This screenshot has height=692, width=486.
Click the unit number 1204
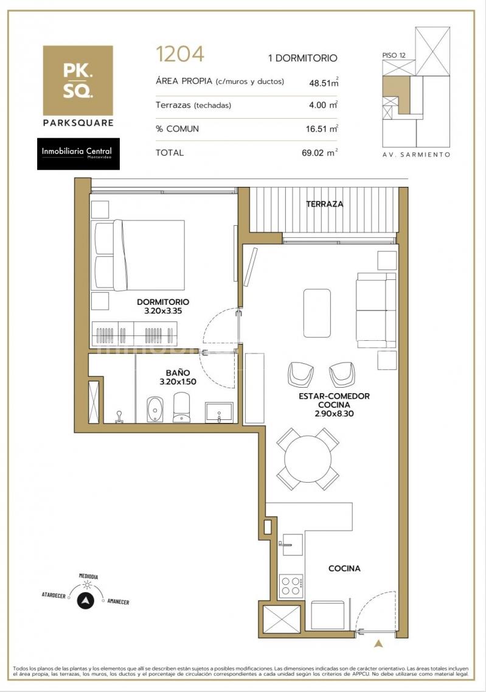click(180, 54)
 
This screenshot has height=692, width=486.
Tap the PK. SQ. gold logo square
click(78, 80)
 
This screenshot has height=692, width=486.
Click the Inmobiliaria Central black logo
click(78, 153)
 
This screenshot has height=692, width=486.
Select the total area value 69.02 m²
click(320, 153)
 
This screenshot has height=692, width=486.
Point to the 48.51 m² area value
click(324, 82)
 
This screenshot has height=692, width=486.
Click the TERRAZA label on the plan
click(325, 204)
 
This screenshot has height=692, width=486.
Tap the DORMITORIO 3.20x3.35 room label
click(163, 306)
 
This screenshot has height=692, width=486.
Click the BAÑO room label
click(178, 373)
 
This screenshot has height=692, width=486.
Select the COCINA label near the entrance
click(344, 568)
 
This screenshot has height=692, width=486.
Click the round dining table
click(308, 459)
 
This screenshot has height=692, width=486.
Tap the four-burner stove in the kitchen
click(291, 585)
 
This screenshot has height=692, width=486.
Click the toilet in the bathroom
click(182, 407)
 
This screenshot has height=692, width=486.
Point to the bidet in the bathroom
click(154, 409)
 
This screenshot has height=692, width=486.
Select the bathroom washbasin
click(219, 413)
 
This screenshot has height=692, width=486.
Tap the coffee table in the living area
click(317, 313)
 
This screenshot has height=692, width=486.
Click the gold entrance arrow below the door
click(378, 643)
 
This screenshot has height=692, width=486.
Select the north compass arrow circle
click(86, 601)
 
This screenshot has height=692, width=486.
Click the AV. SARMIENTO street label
click(416, 155)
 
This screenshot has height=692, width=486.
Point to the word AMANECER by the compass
click(118, 601)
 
